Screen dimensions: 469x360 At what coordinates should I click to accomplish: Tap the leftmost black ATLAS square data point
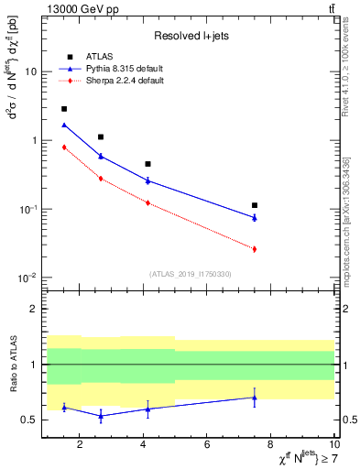[x=64, y=109]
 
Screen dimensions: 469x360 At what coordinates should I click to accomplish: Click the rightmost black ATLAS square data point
[x=255, y=205]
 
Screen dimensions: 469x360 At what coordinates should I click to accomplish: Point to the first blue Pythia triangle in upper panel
[x=64, y=125]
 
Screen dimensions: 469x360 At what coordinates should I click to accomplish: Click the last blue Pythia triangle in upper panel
[x=255, y=218]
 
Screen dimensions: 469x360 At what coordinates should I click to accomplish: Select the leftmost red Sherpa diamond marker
[x=64, y=147]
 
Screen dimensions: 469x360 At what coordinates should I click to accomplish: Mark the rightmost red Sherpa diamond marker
[x=255, y=249]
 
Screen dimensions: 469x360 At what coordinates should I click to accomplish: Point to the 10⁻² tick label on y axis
[x=27, y=278]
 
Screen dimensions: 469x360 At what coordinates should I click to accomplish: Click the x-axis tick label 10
[x=333, y=446]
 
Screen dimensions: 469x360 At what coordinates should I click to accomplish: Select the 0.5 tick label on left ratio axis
[x=30, y=420]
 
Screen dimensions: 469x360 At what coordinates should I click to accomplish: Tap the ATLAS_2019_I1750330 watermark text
[x=190, y=274]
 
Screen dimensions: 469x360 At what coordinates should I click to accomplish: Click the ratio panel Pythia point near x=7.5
[x=255, y=398]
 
